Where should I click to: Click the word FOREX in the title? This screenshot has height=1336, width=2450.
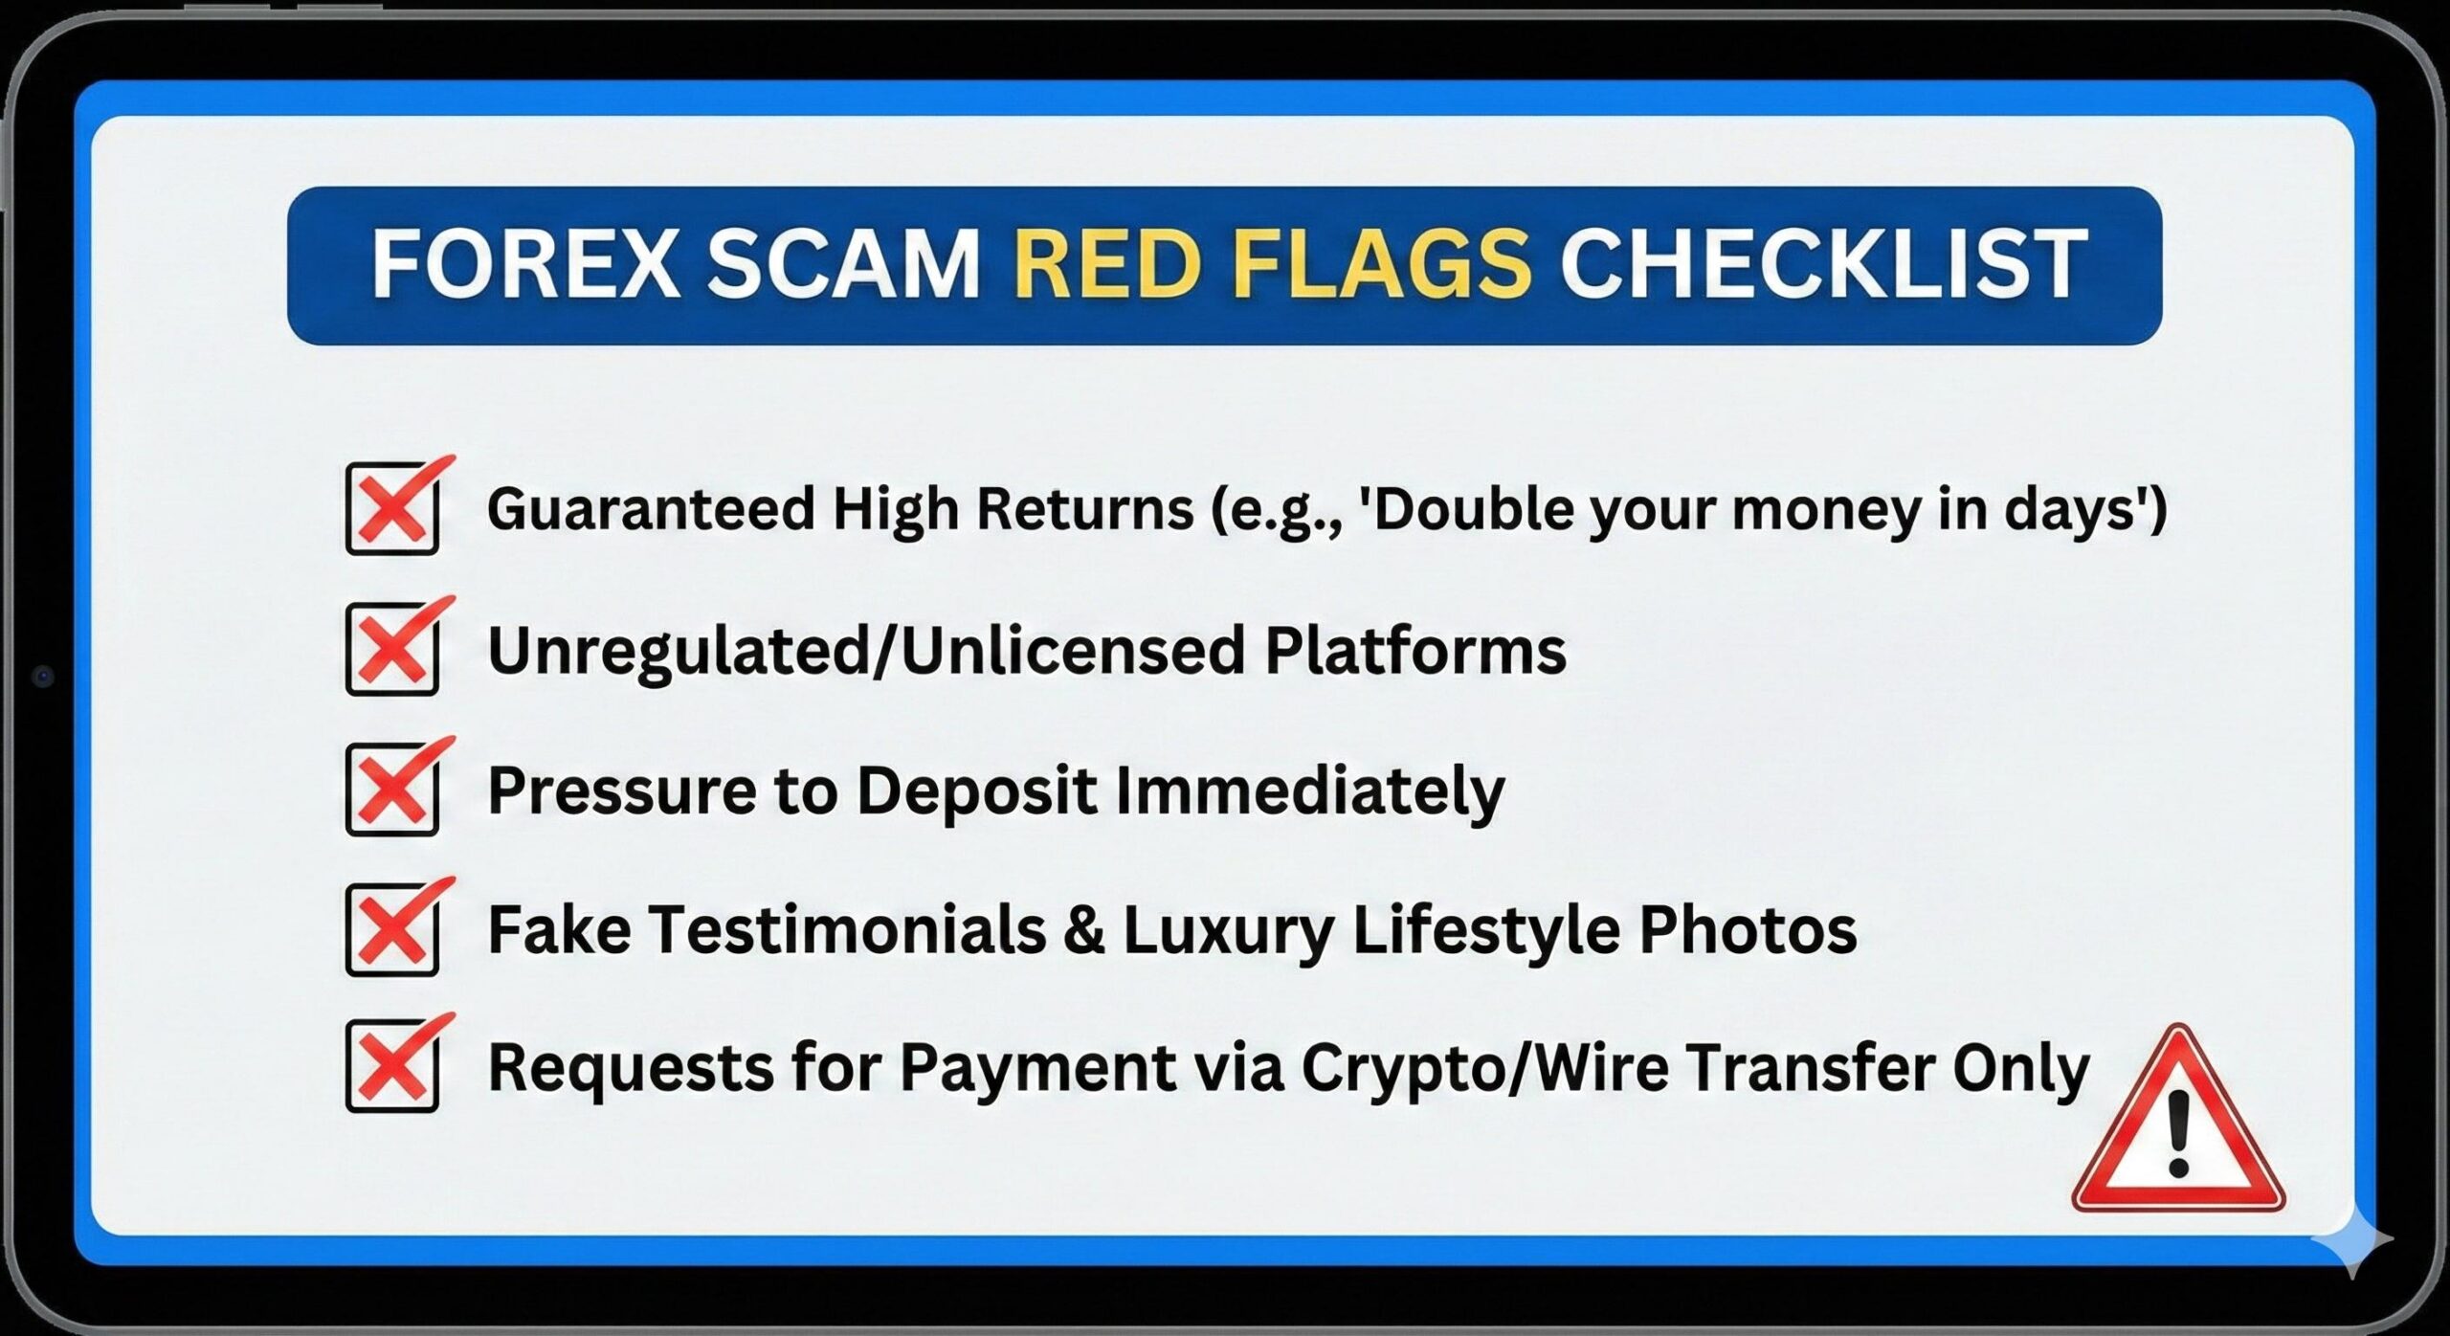[525, 264]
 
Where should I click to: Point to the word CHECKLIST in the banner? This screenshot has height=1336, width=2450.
[1822, 264]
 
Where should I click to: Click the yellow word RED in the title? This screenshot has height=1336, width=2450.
[1106, 264]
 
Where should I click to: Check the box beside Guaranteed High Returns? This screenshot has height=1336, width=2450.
[392, 508]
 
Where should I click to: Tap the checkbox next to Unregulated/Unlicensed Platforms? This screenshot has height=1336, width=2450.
[392, 649]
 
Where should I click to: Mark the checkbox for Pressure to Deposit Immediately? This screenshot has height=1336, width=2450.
[392, 790]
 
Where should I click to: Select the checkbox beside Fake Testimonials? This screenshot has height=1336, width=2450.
[392, 929]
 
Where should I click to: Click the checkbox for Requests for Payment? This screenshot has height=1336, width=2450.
[392, 1066]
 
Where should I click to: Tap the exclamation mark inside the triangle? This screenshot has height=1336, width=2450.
[2179, 1135]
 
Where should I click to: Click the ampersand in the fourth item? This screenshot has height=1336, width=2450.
[1083, 930]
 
